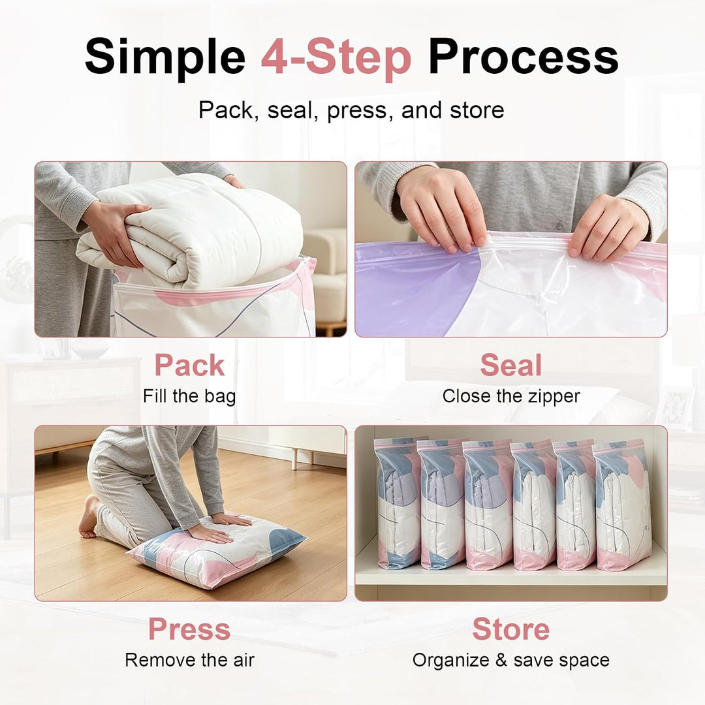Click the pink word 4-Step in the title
click(x=336, y=57)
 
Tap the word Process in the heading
click(x=524, y=57)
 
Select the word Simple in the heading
click(x=164, y=57)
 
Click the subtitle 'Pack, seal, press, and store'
click(x=351, y=110)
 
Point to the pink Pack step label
click(x=189, y=365)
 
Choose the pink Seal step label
click(x=510, y=365)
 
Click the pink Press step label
click(x=189, y=629)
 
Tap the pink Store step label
click(x=510, y=629)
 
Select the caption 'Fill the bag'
click(x=189, y=397)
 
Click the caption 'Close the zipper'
click(x=510, y=396)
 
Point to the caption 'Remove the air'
click(x=189, y=660)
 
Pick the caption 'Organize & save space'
click(x=510, y=661)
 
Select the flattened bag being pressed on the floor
click(x=216, y=553)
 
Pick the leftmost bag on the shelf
click(x=398, y=503)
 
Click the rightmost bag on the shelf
click(x=623, y=506)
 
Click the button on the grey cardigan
click(x=559, y=226)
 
